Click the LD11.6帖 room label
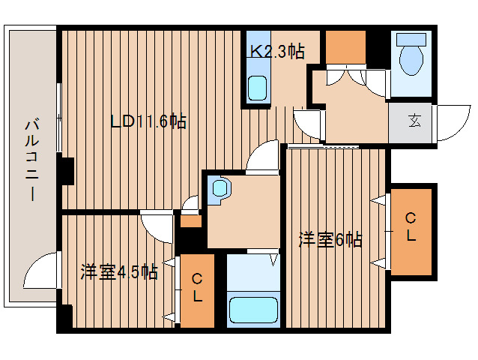(148, 121)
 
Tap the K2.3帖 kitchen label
(276, 52)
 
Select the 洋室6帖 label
(330, 240)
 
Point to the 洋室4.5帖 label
(119, 271)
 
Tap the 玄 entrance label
(413, 121)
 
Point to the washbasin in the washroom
(220, 187)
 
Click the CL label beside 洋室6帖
(411, 227)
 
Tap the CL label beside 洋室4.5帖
(197, 288)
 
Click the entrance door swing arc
(451, 121)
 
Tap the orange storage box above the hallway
(345, 49)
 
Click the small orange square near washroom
(190, 220)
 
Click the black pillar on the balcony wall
(67, 171)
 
